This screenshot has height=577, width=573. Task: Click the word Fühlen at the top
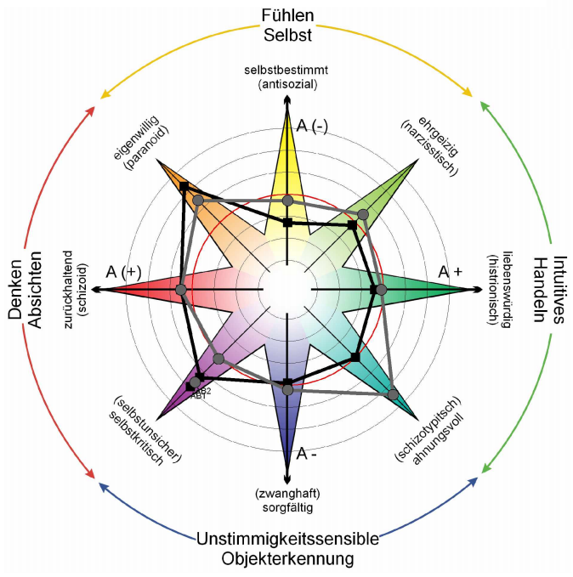point(287,15)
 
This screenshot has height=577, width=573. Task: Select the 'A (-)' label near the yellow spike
point(312,126)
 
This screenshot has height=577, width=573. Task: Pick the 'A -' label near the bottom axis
point(307,453)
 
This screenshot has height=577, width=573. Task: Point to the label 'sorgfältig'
point(287,508)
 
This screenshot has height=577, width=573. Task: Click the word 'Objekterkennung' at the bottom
point(287,559)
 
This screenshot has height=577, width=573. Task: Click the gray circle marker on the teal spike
point(392,393)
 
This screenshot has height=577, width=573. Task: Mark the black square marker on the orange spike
point(184,186)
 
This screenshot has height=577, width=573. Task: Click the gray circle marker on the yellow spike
point(287,201)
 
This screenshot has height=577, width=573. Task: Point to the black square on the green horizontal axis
point(374,290)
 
